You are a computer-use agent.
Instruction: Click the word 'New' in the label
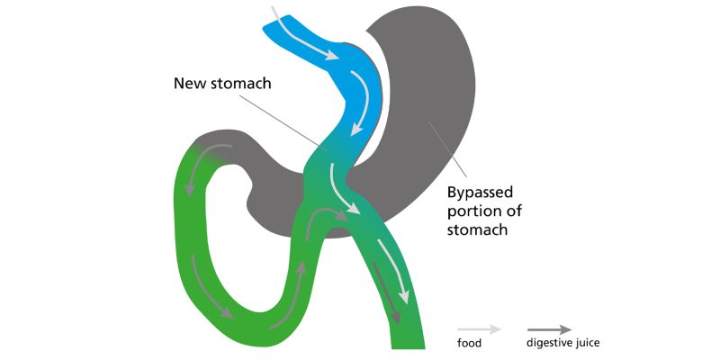(191, 84)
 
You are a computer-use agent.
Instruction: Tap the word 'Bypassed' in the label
(482, 193)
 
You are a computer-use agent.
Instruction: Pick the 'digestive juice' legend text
(562, 343)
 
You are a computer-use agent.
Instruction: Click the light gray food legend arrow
(478, 329)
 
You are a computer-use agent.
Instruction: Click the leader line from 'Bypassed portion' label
(447, 153)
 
